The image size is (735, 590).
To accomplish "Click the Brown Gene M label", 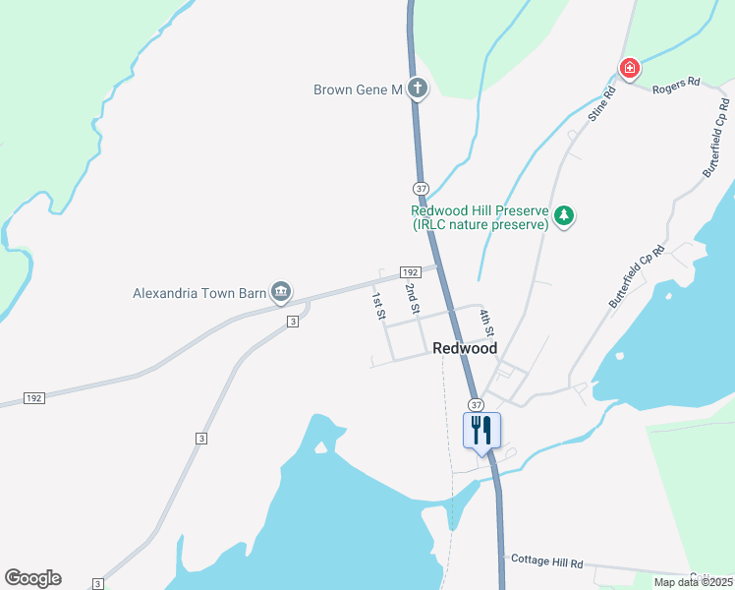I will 358,89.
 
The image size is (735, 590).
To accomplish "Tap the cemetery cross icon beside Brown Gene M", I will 418,89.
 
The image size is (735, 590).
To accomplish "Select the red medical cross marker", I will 629,69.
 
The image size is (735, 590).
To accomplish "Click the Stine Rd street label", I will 601,104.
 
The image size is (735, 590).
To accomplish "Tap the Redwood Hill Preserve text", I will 480,217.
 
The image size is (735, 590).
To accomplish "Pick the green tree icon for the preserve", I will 563,215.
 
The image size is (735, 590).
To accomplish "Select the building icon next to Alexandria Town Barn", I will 280,290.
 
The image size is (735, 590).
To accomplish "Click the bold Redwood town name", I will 465,348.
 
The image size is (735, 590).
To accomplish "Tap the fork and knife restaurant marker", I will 481,431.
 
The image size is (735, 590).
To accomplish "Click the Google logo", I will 32,578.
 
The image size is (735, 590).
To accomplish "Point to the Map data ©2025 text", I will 693,582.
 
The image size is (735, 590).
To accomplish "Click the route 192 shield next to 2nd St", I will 411,271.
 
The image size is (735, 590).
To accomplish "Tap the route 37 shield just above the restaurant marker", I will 477,404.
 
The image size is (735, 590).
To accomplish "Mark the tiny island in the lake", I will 319,448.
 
